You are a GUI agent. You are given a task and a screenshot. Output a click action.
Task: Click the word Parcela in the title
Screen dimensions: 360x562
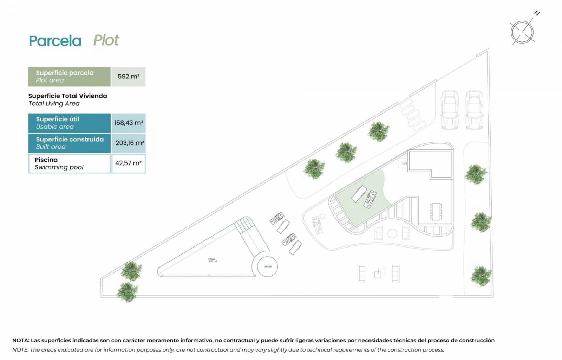55,41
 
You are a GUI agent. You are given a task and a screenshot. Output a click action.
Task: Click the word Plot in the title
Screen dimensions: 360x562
106,40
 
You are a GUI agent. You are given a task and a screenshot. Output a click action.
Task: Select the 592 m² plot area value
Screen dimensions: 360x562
128,76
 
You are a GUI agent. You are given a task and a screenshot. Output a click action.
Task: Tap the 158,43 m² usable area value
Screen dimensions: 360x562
128,123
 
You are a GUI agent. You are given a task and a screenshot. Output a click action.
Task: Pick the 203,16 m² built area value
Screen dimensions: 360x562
129,143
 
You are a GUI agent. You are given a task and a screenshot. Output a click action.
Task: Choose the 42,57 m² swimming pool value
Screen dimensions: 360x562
128,163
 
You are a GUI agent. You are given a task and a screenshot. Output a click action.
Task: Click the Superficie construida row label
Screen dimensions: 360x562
69,143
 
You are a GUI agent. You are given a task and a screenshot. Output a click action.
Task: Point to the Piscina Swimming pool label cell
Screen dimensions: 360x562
69,163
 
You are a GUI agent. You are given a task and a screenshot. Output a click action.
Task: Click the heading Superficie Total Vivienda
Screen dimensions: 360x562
67,96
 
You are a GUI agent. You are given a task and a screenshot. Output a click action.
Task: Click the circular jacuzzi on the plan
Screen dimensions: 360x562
267,267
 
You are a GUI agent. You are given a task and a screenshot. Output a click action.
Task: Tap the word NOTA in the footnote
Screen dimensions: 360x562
21,340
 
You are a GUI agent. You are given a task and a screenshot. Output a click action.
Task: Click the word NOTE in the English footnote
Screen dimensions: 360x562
20,350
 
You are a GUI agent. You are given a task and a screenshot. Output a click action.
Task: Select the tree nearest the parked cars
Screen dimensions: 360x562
378,131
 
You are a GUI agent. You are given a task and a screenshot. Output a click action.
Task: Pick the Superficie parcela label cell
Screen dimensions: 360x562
69,76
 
